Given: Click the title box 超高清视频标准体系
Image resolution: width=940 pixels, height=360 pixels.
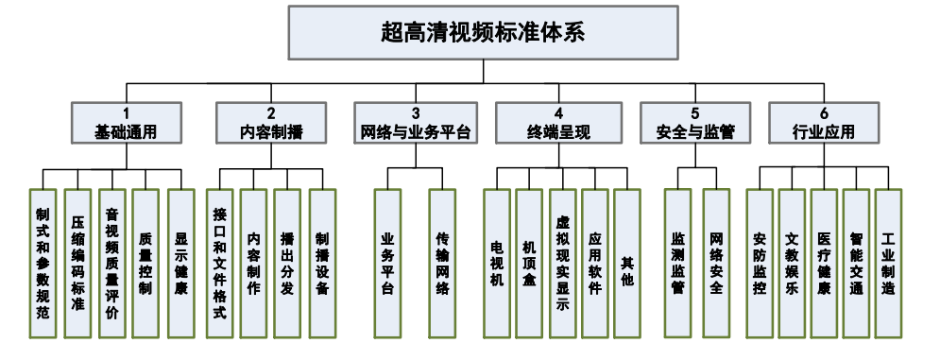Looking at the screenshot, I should pyautogui.click(x=483, y=31).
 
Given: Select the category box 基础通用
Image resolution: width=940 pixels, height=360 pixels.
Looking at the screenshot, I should pyautogui.click(x=126, y=124).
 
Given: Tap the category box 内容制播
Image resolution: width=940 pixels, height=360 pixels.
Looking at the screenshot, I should pyautogui.click(x=271, y=124).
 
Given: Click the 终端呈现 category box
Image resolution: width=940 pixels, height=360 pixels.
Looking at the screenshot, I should pyautogui.click(x=559, y=124).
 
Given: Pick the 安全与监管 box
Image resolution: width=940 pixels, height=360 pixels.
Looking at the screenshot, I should pyautogui.click(x=695, y=124).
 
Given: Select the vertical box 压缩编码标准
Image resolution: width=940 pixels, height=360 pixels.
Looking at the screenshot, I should pyautogui.click(x=77, y=262).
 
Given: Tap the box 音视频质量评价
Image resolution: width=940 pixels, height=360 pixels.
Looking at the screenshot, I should pyautogui.click(x=111, y=262).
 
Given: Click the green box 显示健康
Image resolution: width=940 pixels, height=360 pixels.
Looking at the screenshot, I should pyautogui.click(x=180, y=262).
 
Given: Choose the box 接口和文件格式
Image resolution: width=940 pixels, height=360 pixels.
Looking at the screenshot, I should pyautogui.click(x=219, y=262).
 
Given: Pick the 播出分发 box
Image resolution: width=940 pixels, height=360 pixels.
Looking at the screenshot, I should pyautogui.click(x=287, y=262).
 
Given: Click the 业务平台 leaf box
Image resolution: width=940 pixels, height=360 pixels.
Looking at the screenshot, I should pyautogui.click(x=387, y=262).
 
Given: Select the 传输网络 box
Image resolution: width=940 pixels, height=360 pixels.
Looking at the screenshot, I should pyautogui.click(x=442, y=262).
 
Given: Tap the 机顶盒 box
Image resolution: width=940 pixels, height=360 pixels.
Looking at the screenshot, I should pyautogui.click(x=529, y=262).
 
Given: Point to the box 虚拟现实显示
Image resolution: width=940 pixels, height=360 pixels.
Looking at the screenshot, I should pyautogui.click(x=562, y=262).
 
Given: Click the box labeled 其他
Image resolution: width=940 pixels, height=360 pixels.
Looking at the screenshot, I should pyautogui.click(x=627, y=262).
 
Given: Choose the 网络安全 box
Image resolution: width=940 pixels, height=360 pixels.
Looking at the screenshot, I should pyautogui.click(x=716, y=262).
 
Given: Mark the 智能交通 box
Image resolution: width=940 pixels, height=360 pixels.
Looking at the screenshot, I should pyautogui.click(x=856, y=262).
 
